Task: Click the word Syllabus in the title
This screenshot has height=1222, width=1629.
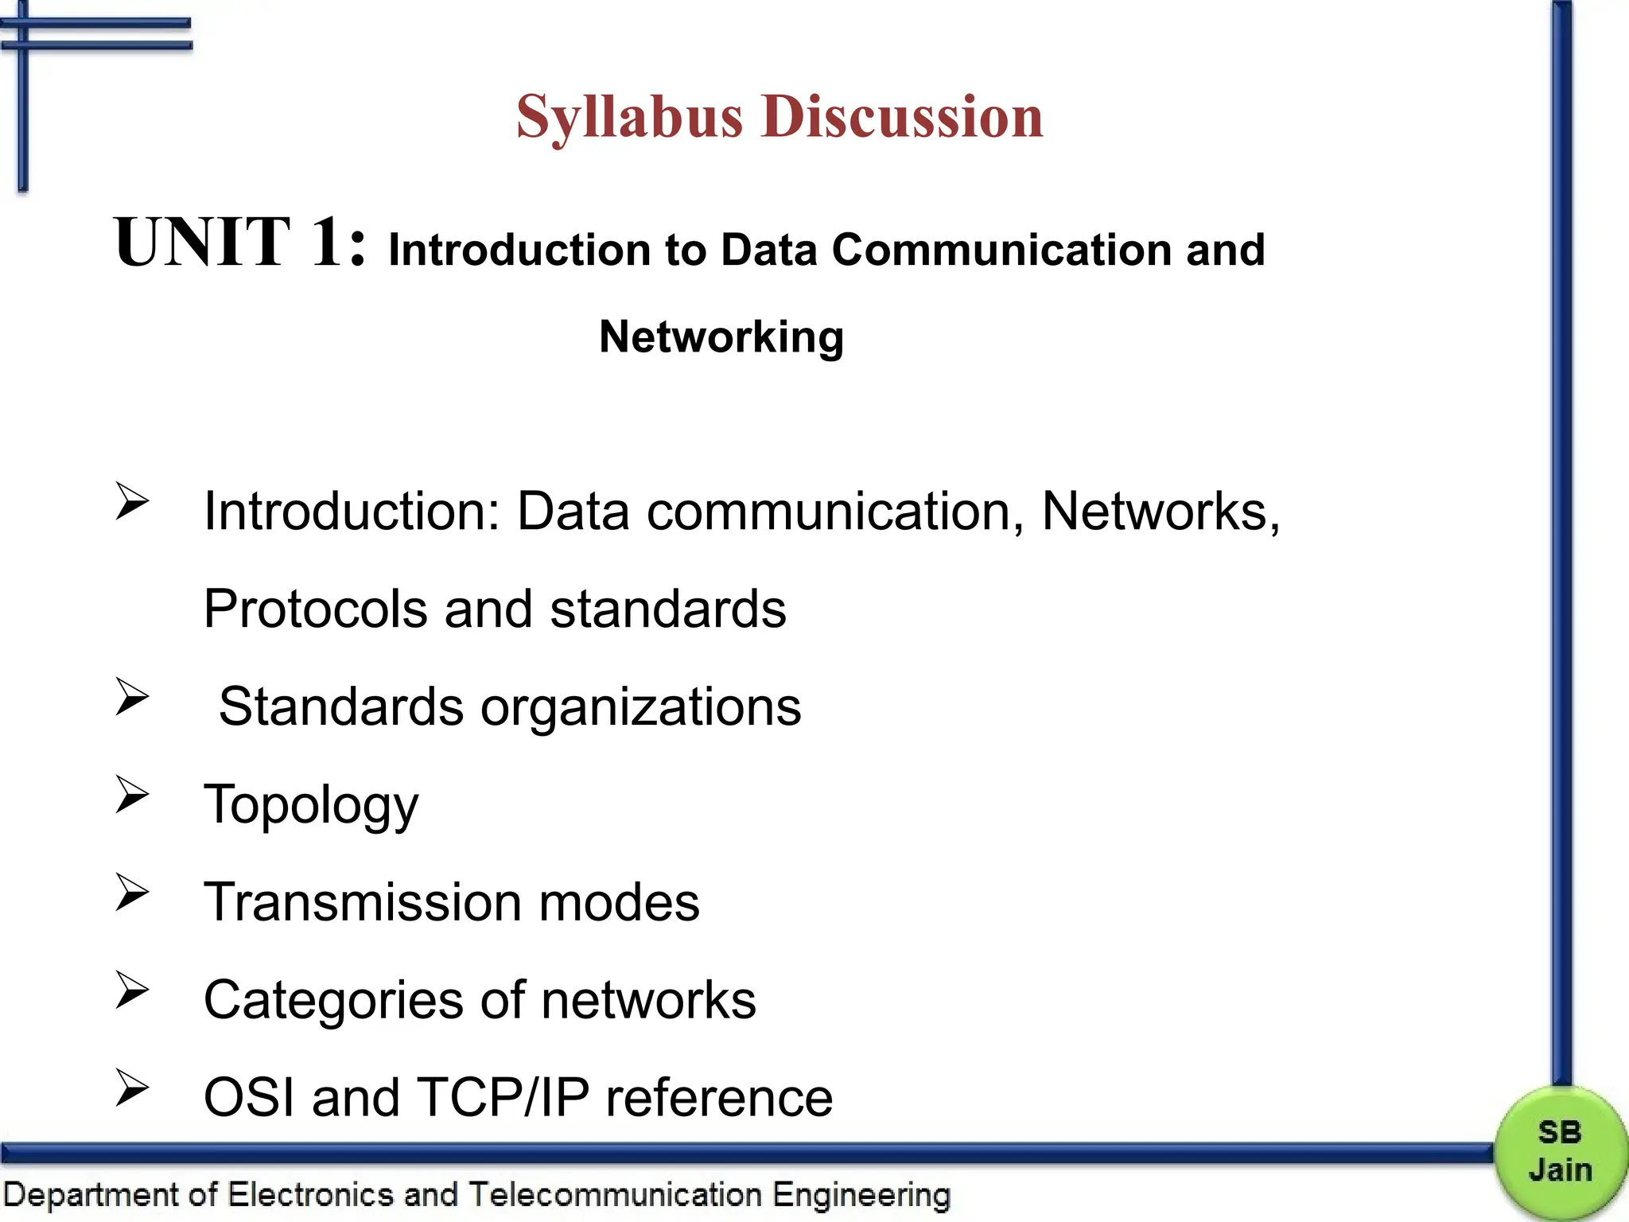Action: pyautogui.click(x=629, y=118)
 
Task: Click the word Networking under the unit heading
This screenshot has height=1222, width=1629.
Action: pyautogui.click(x=721, y=337)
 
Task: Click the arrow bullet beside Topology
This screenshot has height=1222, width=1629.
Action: pyautogui.click(x=132, y=794)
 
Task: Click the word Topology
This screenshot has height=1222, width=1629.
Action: pyautogui.click(x=311, y=805)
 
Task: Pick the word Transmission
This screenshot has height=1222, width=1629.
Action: pyautogui.click(x=363, y=902)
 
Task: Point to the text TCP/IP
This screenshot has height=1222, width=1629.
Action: pyautogui.click(x=503, y=1098)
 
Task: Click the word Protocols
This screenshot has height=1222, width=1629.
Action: pyautogui.click(x=316, y=609)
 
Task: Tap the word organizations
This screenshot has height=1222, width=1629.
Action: pyautogui.click(x=641, y=707)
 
